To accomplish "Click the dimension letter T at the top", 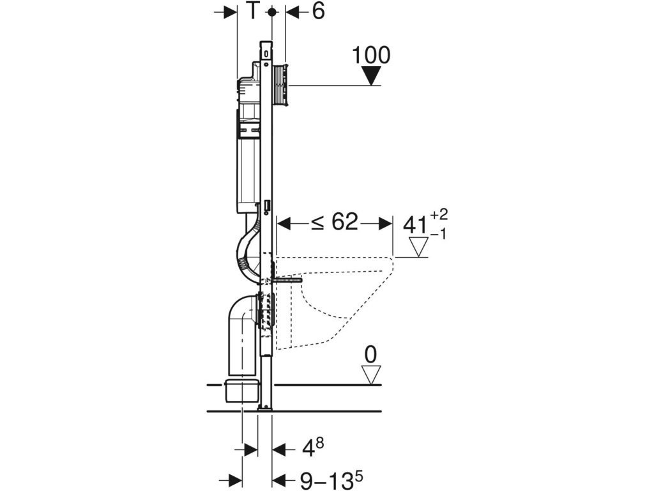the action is click(x=254, y=12).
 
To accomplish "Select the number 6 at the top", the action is click(x=317, y=12).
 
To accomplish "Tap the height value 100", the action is click(x=371, y=55).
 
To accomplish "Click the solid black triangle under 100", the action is click(x=370, y=77).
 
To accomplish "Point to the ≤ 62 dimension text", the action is click(x=334, y=222).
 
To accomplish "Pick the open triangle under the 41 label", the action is click(x=420, y=246).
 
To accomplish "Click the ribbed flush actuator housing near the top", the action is click(x=280, y=85).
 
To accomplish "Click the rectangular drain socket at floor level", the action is click(x=241, y=389).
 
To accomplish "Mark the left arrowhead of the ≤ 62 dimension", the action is click(x=285, y=223).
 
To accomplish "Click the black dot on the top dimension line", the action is click(x=273, y=12).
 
